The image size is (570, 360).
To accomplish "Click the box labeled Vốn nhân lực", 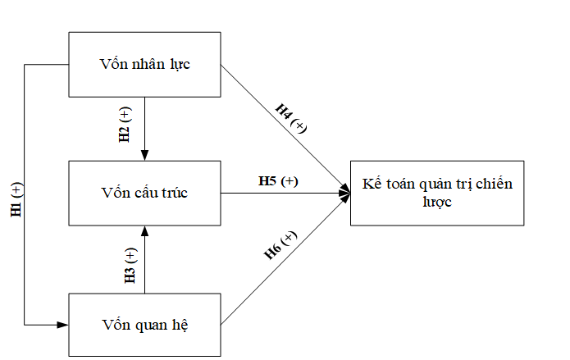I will coord(144,64).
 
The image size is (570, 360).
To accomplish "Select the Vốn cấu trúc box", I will coord(144,193).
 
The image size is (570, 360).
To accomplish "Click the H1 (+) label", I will coord(17,200).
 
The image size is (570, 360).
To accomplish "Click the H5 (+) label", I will coord(278,180).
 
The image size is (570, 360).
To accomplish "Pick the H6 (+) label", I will coord(280,246).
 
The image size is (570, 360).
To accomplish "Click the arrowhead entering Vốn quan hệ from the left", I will coord(63,325).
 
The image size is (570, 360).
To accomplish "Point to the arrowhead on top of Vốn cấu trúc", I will coord(144,156).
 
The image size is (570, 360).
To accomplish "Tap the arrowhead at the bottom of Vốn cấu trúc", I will coord(144,230).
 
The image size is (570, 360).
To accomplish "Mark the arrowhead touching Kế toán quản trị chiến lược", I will coord(345,193).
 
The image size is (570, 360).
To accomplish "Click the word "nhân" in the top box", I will coord(148,64).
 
